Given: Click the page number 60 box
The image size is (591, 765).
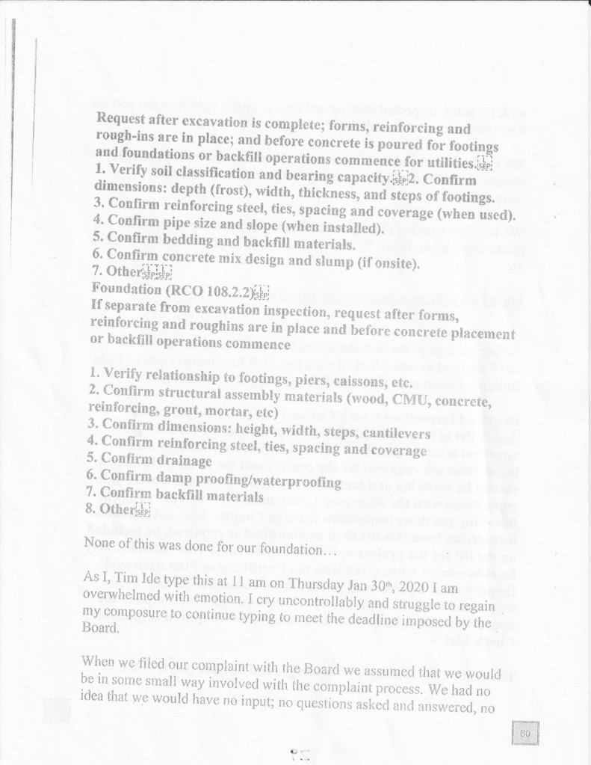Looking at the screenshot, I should [x=525, y=734].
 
